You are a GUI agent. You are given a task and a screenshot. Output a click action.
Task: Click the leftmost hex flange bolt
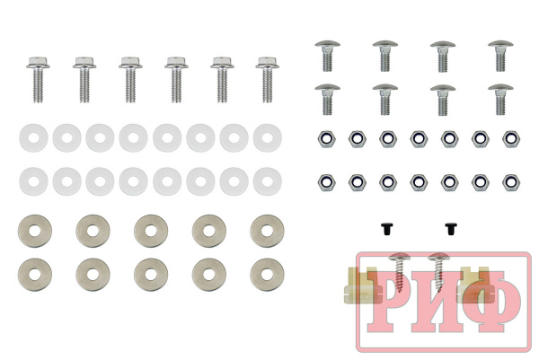point(38,79)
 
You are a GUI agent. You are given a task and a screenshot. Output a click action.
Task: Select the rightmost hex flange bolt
point(267,79)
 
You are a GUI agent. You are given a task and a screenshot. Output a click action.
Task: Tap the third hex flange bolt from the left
point(130,79)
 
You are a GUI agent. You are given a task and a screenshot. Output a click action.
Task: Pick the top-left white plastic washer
point(33,137)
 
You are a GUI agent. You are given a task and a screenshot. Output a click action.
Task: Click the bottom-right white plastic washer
point(268,181)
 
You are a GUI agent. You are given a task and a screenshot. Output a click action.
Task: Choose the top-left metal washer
point(35,231)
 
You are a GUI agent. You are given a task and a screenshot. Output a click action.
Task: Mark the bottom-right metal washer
point(267,275)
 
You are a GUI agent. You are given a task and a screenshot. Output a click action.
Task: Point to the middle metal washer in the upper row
point(151,231)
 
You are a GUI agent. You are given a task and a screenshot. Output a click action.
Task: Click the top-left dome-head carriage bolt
point(327,56)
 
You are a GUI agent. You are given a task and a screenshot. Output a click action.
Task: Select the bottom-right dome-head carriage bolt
point(500,99)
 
